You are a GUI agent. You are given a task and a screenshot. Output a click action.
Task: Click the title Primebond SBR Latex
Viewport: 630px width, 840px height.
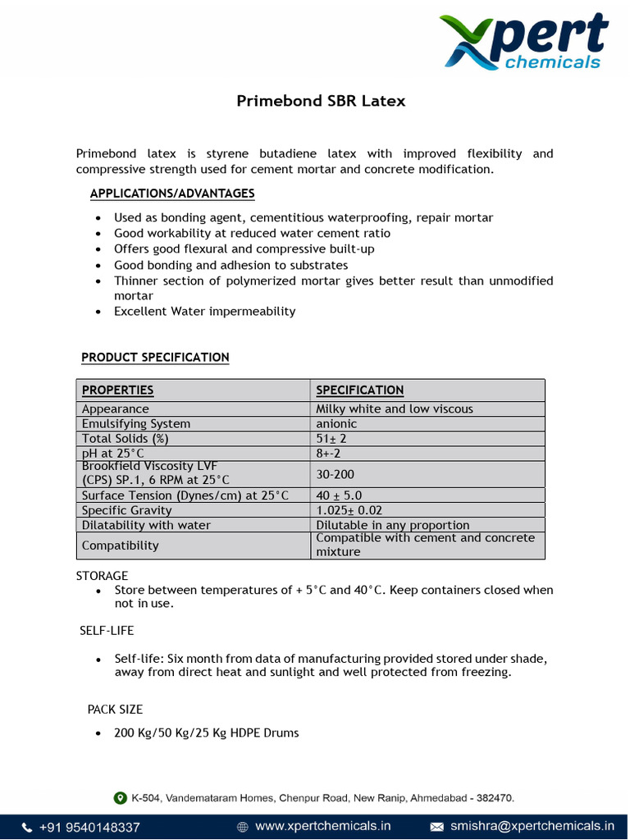321,101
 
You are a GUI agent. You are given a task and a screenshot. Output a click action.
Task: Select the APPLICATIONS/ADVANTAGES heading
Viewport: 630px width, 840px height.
172,194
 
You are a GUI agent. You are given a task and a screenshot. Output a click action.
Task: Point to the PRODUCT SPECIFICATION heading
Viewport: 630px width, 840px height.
155,358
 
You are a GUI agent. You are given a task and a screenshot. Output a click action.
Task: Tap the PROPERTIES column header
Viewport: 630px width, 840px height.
117,390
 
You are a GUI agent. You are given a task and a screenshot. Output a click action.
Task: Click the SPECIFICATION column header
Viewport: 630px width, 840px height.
359,390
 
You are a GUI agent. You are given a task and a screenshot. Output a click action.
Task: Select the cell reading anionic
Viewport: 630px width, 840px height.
336,424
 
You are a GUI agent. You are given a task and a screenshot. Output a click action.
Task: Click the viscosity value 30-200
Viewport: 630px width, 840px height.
336,474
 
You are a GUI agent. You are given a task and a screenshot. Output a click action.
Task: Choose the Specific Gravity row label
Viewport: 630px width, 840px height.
126,510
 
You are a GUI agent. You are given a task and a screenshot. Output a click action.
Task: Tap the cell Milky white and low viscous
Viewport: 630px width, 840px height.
395,409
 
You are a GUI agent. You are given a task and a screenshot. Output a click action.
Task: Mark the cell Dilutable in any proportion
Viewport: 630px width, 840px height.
393,525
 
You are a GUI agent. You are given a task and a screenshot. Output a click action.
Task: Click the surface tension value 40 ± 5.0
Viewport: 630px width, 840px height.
339,495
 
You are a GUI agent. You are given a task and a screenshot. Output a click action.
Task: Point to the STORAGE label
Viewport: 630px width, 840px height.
102,576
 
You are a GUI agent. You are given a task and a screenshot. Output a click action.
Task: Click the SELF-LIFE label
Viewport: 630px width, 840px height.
107,631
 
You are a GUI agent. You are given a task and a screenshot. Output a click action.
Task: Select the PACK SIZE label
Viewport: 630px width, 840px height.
115,710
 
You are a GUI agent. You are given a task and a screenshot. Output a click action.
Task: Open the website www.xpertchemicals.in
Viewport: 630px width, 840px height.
322,826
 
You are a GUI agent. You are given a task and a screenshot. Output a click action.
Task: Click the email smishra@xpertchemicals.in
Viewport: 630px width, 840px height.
532,826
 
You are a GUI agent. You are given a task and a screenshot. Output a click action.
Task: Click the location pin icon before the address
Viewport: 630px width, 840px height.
121,797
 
